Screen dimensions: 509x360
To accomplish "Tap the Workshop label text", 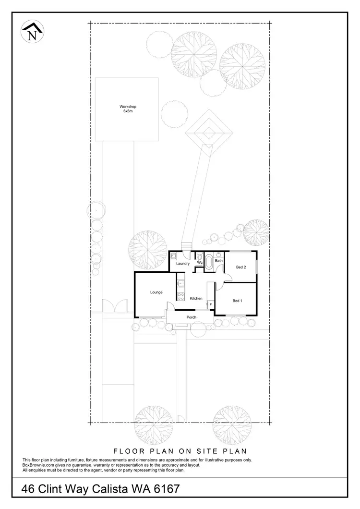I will (127, 107).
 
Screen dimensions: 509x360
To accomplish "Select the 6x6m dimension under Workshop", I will (127, 111).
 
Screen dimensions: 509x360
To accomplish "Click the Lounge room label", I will (156, 292).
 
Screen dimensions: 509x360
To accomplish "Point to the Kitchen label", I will (196, 298).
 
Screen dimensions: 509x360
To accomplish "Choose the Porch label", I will (192, 317).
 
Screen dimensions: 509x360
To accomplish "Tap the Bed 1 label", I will (237, 301).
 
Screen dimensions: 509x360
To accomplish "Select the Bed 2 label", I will (241, 267).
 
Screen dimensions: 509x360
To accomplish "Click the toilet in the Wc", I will (199, 256).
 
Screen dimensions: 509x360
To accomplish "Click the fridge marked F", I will (210, 304).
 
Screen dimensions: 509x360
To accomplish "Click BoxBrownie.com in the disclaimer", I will (38, 465).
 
